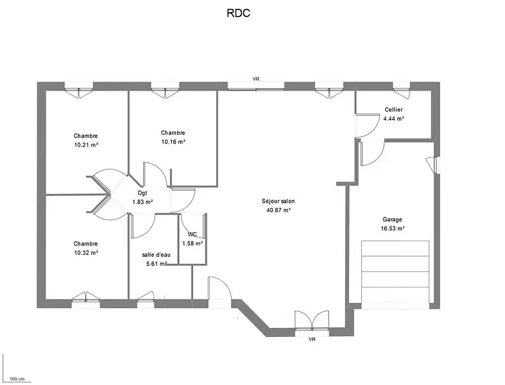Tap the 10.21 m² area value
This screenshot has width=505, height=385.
pyautogui.click(x=86, y=145)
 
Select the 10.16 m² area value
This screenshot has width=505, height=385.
pyautogui.click(x=173, y=142)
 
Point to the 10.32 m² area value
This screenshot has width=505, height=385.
pyautogui.click(x=86, y=253)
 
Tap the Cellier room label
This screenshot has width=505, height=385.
pyautogui.click(x=393, y=110)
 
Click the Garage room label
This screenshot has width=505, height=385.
pyautogui.click(x=392, y=219)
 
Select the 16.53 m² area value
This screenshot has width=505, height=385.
pyautogui.click(x=392, y=228)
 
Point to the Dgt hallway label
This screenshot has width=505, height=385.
pyautogui.click(x=142, y=193)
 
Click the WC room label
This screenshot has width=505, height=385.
pyautogui.click(x=192, y=235)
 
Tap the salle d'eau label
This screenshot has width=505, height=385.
pyautogui.click(x=156, y=255)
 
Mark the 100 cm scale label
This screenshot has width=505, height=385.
pyautogui.click(x=17, y=379)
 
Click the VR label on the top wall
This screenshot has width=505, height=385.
pyautogui.click(x=256, y=79)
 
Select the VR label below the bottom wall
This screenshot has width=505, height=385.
pyautogui.click(x=312, y=339)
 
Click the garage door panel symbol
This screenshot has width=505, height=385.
pyautogui.click(x=395, y=272)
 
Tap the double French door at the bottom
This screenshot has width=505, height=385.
pyautogui.click(x=312, y=321)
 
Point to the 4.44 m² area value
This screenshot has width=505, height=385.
pyautogui.click(x=393, y=119)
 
